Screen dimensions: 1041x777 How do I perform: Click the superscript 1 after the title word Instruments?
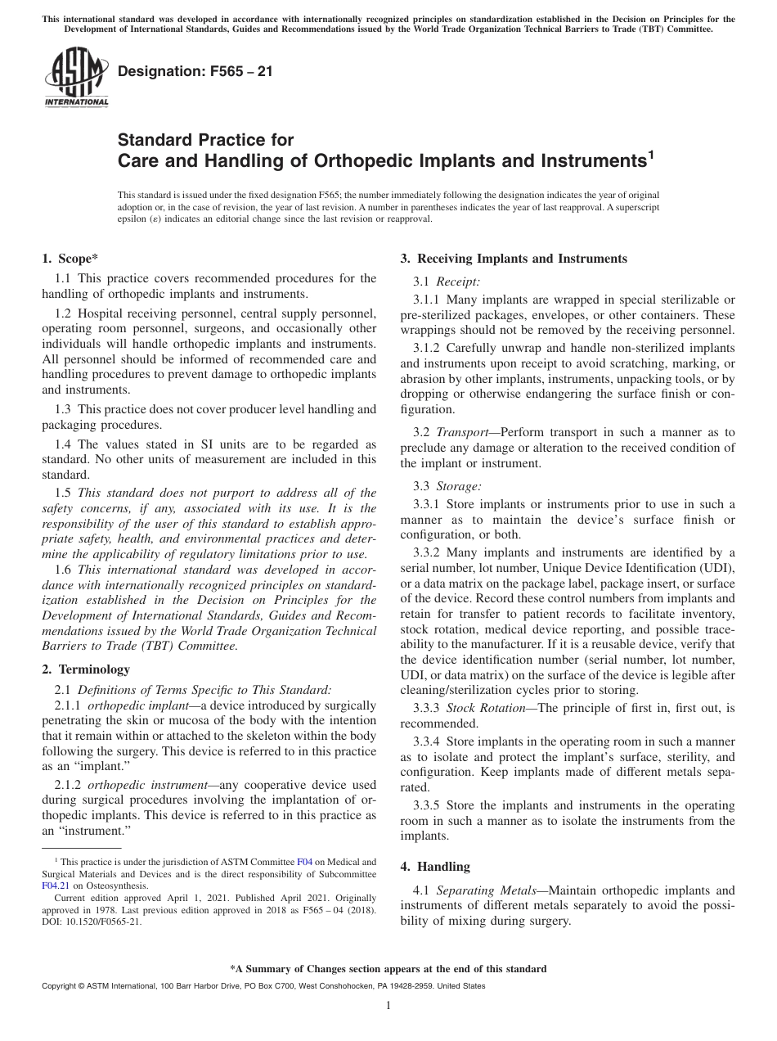pos(651,153)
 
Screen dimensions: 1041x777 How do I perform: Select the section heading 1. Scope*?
pos(70,259)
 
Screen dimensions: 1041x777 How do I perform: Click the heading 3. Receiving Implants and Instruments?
pos(514,259)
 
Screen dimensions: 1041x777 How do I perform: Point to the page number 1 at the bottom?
pos(388,1006)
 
